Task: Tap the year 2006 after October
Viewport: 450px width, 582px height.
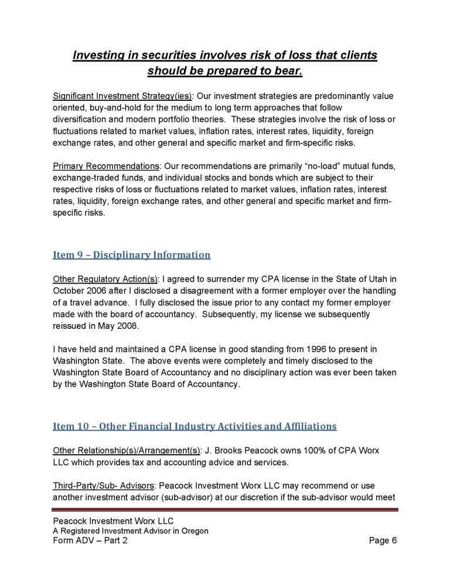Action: pos(100,291)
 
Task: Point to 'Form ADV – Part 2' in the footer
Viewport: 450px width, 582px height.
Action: pos(90,540)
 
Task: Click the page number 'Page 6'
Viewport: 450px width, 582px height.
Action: pos(383,540)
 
